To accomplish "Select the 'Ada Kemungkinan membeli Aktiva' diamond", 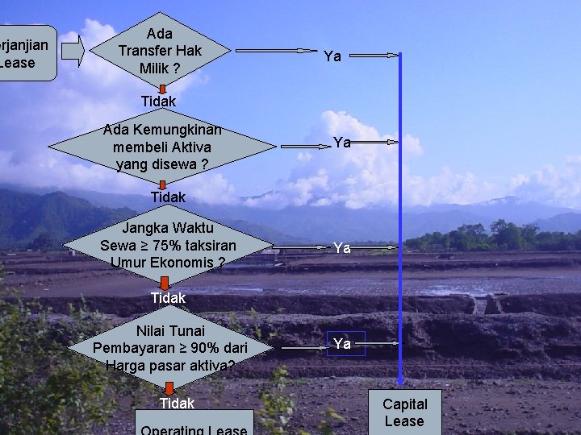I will pyautogui.click(x=162, y=147).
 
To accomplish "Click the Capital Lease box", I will pyautogui.click(x=404, y=412).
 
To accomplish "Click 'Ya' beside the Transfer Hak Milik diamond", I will pyautogui.click(x=332, y=56).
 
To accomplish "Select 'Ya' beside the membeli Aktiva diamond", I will pyautogui.click(x=342, y=143).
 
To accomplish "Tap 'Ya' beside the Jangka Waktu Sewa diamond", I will pyautogui.click(x=342, y=248).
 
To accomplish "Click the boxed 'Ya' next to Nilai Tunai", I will pyautogui.click(x=342, y=344).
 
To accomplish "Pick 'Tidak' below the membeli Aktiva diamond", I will pyautogui.click(x=168, y=197).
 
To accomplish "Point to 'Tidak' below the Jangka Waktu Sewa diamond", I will pyautogui.click(x=168, y=298).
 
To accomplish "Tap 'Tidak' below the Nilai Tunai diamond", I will pyautogui.click(x=177, y=403).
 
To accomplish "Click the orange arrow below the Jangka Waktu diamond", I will pyautogui.click(x=165, y=282).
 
